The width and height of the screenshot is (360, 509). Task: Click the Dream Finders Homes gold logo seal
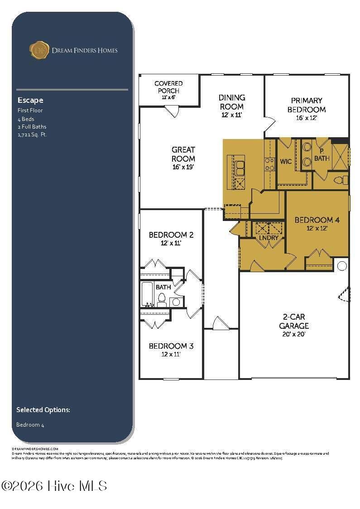(39, 50)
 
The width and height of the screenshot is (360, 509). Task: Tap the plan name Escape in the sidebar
(30, 100)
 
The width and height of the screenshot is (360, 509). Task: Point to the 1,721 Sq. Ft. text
(32, 134)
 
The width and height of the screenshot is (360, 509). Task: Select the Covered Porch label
(168, 86)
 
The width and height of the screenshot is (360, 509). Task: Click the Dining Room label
(232, 102)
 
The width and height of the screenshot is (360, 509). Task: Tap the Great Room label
(183, 154)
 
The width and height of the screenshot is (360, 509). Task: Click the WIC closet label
(286, 161)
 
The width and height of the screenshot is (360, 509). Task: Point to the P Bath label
(322, 155)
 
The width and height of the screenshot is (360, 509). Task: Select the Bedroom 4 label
(317, 221)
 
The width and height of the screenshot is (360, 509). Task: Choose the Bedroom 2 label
(171, 235)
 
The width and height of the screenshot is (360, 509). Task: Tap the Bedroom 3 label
(171, 346)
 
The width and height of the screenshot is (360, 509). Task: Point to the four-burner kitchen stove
(270, 164)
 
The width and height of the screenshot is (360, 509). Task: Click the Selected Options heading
(43, 410)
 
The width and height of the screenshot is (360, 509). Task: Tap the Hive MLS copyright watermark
(54, 486)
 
